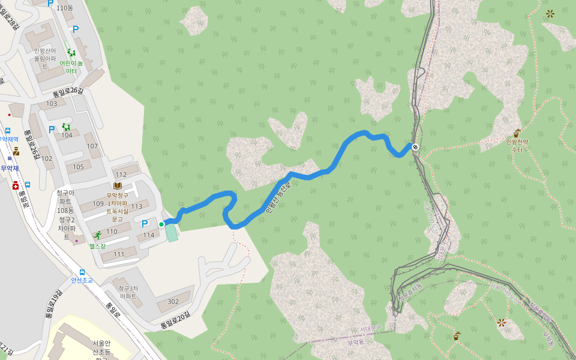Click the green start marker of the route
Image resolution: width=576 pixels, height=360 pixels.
161,224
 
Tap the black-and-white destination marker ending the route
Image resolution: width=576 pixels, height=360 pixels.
415,146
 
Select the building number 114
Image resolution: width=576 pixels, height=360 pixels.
149,235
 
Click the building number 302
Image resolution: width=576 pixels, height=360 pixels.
173,302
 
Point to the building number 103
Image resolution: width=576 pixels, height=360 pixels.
52,104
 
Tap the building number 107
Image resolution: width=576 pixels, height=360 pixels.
92,146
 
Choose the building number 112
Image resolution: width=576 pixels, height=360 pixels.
121,175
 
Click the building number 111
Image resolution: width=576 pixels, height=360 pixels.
119,254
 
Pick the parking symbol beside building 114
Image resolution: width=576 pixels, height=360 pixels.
145,224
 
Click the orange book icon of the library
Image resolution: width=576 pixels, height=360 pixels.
118,186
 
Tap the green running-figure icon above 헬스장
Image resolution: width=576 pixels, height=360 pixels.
97,235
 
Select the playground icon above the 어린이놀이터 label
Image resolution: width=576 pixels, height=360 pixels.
71,53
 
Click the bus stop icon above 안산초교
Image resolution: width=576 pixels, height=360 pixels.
82,272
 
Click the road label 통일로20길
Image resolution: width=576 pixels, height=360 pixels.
175,321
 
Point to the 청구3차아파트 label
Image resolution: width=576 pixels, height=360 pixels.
128,292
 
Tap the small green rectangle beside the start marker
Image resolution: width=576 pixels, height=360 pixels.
172,232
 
